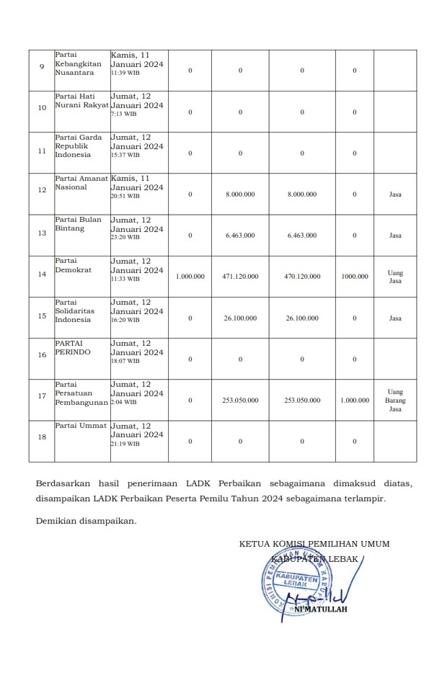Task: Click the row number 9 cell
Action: click(x=42, y=70)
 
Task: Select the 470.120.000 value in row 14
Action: click(x=302, y=277)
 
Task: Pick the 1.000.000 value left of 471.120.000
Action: click(x=190, y=277)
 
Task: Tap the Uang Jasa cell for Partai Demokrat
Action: click(x=395, y=277)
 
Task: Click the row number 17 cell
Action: click(x=42, y=400)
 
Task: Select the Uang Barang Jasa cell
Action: click(x=395, y=400)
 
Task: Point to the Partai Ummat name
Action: click(x=81, y=426)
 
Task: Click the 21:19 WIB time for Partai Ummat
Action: click(x=125, y=444)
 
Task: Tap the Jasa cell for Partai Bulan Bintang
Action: click(x=395, y=236)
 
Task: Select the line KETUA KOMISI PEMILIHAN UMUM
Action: click(x=314, y=544)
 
